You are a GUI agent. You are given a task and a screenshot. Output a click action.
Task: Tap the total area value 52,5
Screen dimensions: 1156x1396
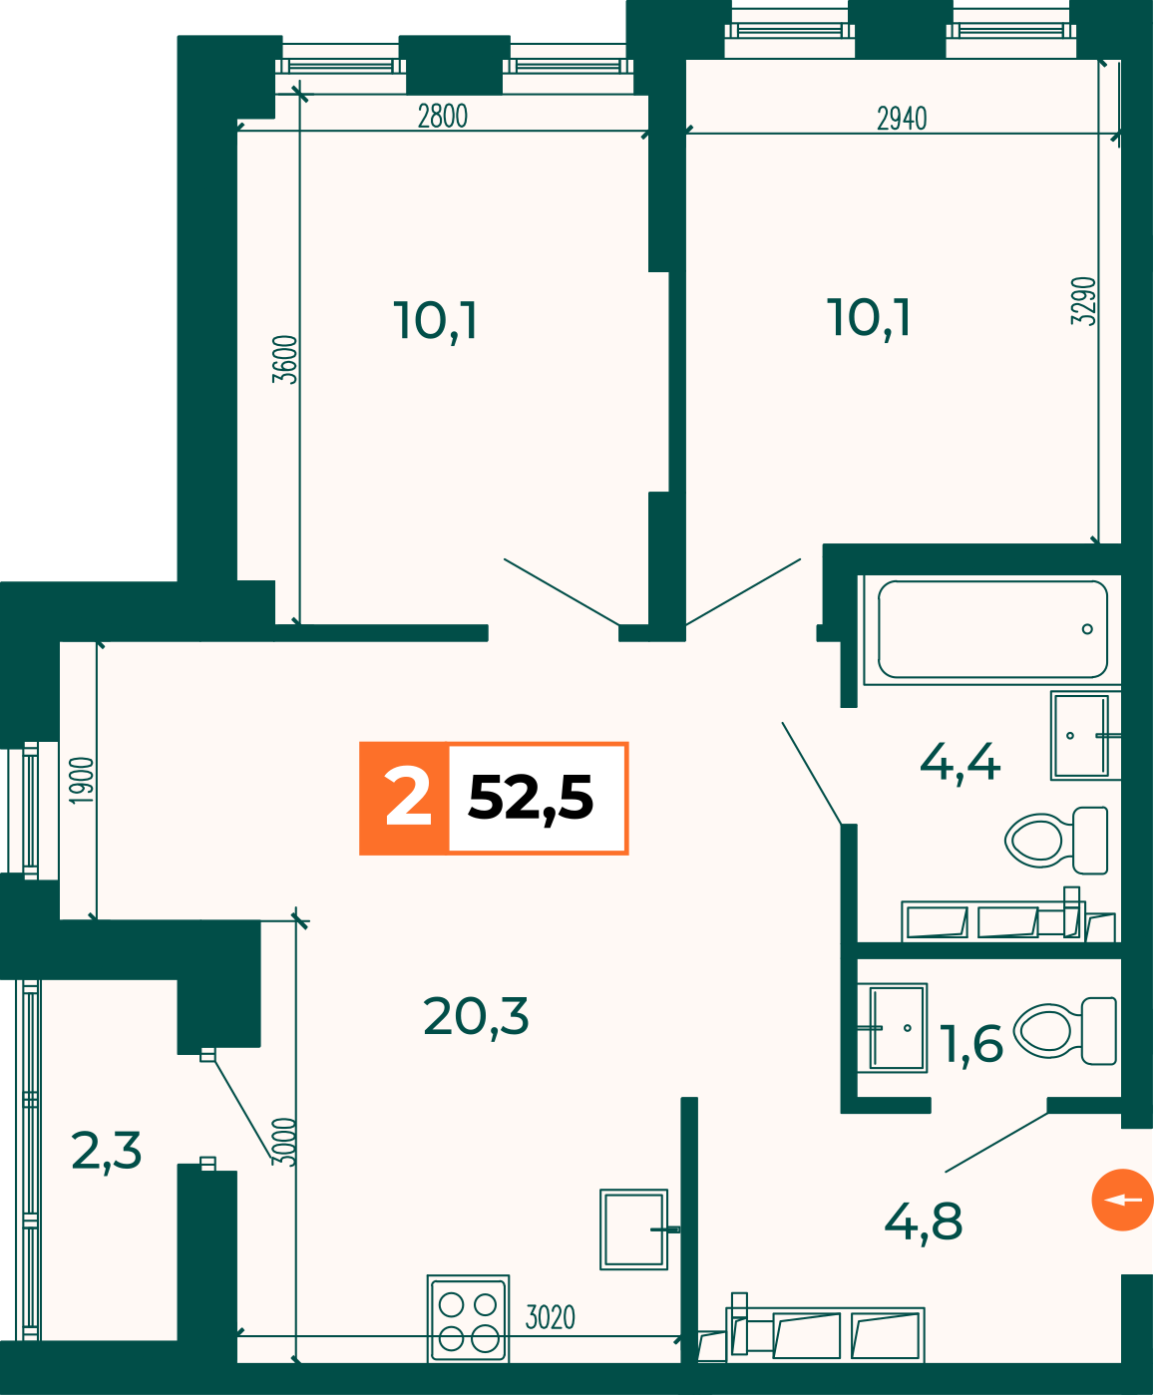531,799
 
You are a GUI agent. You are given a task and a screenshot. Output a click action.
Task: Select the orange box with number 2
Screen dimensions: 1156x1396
404,799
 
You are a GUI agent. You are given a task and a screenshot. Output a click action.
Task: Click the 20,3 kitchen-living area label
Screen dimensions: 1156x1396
476,1017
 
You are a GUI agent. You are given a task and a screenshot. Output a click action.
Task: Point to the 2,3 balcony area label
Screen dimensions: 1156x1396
106,1152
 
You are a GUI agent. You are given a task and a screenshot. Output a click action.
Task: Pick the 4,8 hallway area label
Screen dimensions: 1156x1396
924,1222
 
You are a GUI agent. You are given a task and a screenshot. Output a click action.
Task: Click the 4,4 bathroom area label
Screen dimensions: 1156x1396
960,762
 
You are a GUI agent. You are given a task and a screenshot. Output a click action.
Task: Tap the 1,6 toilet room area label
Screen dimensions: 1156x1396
971,1044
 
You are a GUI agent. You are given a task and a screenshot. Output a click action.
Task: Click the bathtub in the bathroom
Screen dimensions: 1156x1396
992,630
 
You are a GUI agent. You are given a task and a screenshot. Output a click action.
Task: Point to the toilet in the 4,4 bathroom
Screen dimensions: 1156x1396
1056,841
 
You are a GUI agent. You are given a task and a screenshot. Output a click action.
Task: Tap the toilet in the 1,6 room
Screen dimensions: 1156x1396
1065,1031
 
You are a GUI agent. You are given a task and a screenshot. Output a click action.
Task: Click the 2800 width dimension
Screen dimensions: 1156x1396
442,117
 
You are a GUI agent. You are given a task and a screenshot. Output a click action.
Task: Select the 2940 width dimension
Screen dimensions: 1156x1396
902,119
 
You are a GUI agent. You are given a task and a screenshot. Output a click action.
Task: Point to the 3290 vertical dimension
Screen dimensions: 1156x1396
1083,301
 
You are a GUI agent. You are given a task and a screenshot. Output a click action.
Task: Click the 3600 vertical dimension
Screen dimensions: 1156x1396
284,359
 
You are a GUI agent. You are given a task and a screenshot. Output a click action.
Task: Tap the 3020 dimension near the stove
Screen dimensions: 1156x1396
550,1318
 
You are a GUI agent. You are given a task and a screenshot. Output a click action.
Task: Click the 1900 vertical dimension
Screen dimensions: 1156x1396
82,780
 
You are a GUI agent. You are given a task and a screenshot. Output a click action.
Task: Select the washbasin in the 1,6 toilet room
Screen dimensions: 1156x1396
893,1028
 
